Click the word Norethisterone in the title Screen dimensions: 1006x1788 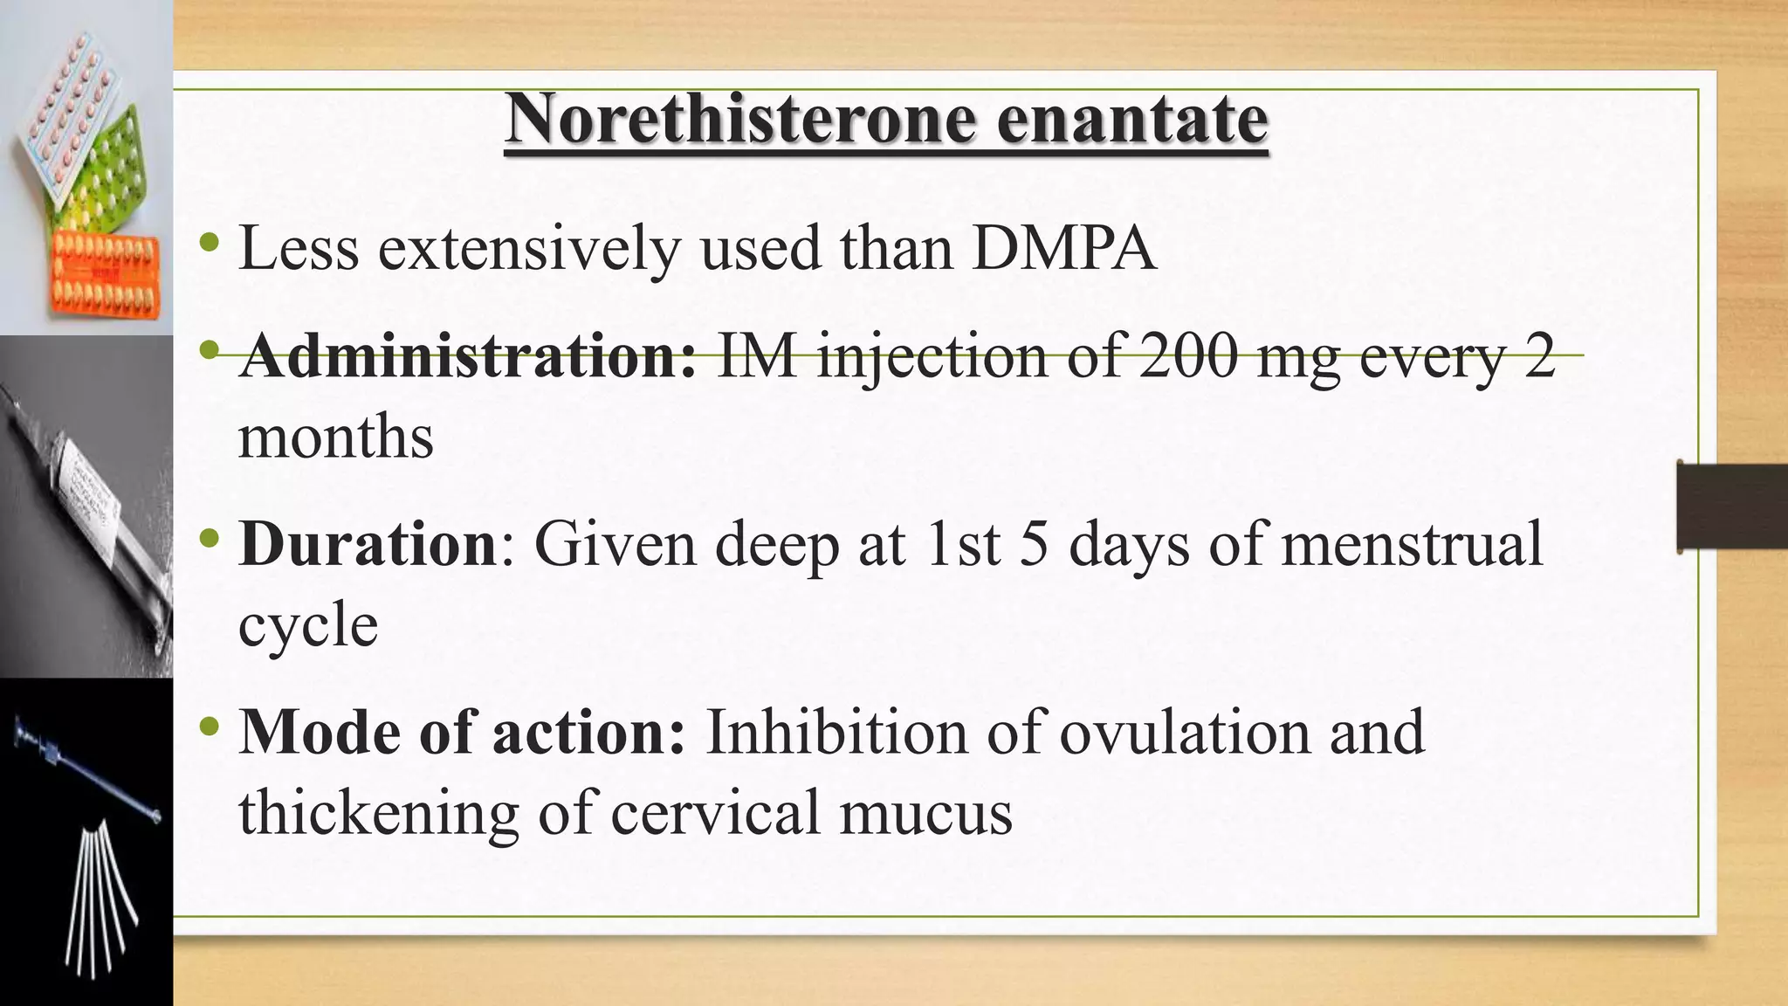(x=739, y=120)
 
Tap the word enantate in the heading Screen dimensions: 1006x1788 (x=1131, y=120)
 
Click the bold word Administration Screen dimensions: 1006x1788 (x=467, y=357)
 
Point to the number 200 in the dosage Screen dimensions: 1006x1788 (x=1187, y=357)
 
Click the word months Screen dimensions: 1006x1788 (x=336, y=437)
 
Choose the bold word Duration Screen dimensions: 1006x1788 (x=368, y=544)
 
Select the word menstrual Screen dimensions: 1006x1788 (x=1412, y=544)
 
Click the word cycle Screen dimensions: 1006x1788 (x=308, y=625)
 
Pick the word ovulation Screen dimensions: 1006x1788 (x=1185, y=732)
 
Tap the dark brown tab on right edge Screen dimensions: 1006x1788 (x=1732, y=506)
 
